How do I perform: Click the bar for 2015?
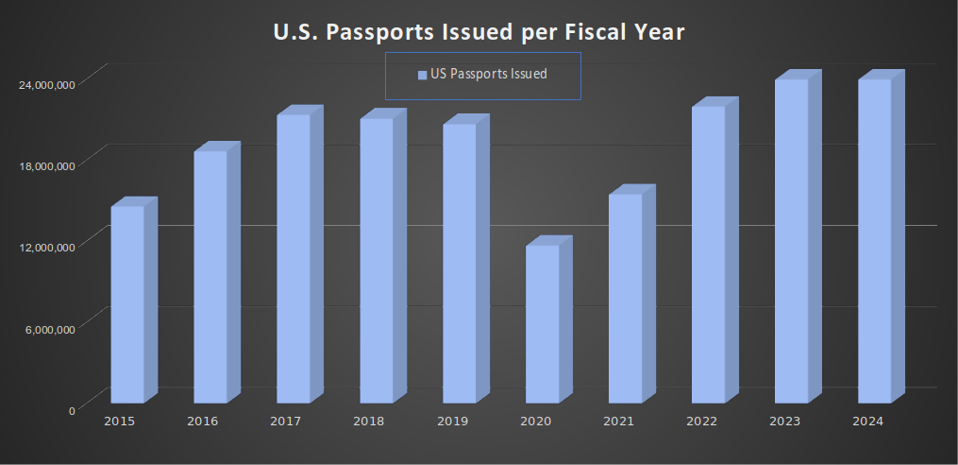tap(127, 304)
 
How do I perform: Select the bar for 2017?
tap(294, 259)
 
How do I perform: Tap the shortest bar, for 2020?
tap(542, 324)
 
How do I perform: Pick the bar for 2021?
tap(625, 299)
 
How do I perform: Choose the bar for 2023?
tap(791, 241)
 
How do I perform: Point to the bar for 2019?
tap(459, 264)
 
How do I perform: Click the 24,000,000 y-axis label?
tap(48, 84)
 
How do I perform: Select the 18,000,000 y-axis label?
tap(48, 165)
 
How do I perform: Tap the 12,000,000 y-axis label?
tap(48, 247)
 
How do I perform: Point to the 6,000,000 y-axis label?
tap(51, 328)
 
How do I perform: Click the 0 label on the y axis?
tap(72, 409)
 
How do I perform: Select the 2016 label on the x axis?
tap(202, 422)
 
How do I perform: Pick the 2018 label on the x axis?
tap(368, 422)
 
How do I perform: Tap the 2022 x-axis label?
tap(700, 422)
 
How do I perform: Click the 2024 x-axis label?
tap(866, 422)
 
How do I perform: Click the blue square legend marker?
tap(422, 75)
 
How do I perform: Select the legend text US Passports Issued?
tap(489, 74)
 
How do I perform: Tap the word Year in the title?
tap(658, 32)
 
